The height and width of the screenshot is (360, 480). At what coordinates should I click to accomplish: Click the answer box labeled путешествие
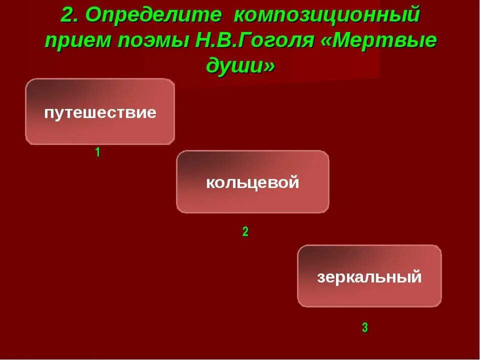tap(100, 111)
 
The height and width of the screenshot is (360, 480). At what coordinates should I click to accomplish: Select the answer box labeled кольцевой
tap(252, 182)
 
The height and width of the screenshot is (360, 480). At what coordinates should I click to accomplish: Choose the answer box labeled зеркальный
tap(369, 276)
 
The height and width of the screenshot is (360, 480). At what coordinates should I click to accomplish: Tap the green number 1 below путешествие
tap(98, 152)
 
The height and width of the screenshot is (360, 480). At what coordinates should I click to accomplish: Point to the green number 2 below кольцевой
tap(245, 231)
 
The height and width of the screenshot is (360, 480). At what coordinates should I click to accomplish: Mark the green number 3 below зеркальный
tap(365, 328)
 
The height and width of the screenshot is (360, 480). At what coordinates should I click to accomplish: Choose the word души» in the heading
tap(240, 66)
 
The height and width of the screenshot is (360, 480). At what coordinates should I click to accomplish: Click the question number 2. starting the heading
tap(70, 15)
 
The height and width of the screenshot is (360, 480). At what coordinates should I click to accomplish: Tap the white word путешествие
tap(100, 112)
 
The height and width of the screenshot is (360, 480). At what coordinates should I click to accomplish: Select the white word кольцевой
tap(252, 182)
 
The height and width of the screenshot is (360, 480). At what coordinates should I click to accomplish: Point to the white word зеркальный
tap(369, 276)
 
